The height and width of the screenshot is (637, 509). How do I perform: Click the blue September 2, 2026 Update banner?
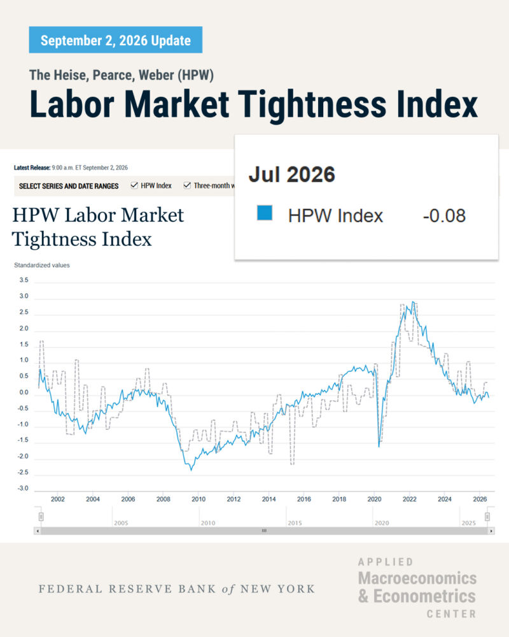[x=116, y=39]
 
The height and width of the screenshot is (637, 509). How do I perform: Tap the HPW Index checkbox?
[x=134, y=185]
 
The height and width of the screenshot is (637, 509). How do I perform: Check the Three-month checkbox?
[x=186, y=185]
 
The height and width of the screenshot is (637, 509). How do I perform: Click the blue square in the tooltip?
[x=265, y=213]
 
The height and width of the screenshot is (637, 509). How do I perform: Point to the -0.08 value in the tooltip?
[x=444, y=216]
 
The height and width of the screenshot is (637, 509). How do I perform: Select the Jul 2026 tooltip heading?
[x=292, y=175]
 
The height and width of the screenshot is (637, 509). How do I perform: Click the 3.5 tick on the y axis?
[x=24, y=280]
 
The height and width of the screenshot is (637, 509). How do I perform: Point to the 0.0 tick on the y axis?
[x=24, y=392]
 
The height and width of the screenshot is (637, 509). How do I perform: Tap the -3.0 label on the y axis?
[x=23, y=489]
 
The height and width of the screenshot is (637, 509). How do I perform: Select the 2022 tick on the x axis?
[x=410, y=499]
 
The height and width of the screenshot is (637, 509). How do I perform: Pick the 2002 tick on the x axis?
[x=58, y=499]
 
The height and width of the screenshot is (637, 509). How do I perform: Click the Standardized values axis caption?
[x=42, y=265]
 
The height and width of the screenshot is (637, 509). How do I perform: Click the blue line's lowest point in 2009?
[x=191, y=470]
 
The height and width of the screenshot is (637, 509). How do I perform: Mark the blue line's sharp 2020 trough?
[x=379, y=447]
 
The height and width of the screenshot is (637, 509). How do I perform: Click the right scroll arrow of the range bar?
[x=491, y=531]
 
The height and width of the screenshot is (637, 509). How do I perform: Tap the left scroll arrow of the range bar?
[x=38, y=531]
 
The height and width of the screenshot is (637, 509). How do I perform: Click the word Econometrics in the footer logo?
[x=424, y=596]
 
